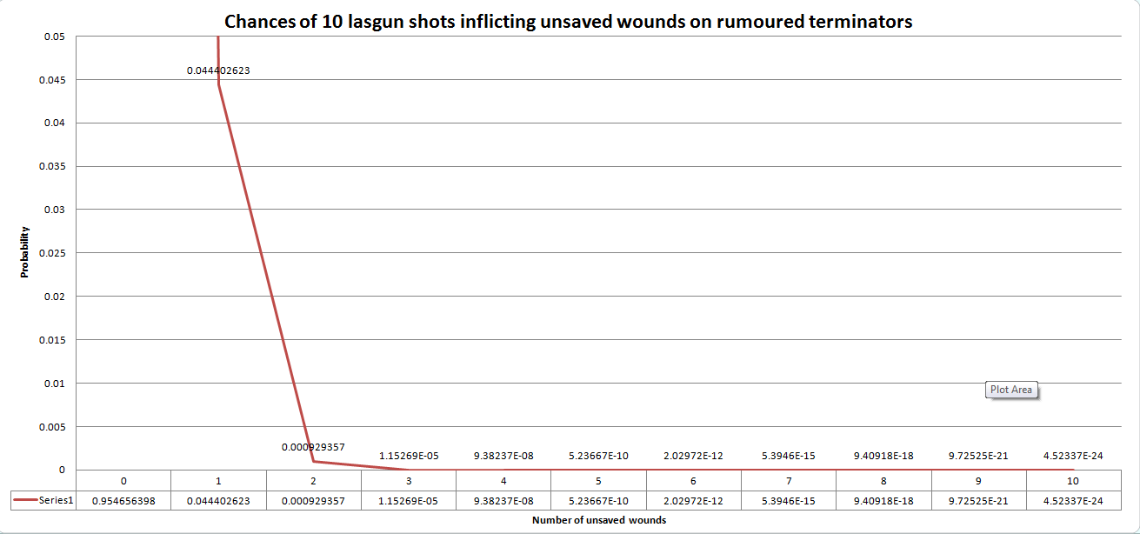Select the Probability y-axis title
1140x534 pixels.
[24, 252]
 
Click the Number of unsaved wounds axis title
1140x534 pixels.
[598, 520]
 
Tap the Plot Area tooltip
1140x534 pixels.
[1011, 390]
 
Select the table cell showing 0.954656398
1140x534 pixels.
[123, 500]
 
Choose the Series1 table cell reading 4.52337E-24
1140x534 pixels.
[1073, 500]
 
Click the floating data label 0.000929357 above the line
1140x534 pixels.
[313, 447]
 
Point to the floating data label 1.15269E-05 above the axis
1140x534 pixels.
[408, 456]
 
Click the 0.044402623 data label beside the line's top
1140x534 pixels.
[218, 70]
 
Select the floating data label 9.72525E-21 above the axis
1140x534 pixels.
[978, 456]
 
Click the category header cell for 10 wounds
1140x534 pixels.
[1073, 481]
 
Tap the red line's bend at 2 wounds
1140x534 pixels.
[313, 462]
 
